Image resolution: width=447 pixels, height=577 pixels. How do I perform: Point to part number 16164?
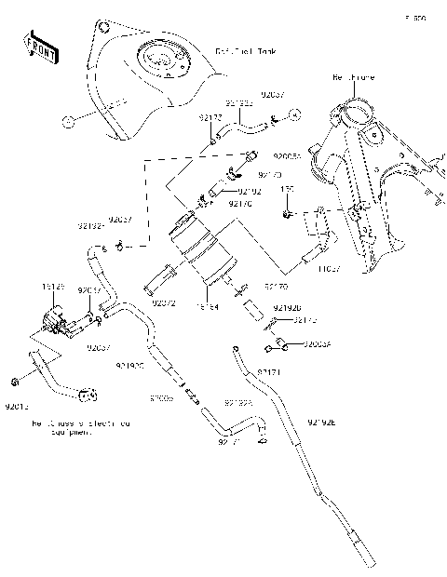point(207,303)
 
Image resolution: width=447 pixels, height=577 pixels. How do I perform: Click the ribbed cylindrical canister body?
point(201,251)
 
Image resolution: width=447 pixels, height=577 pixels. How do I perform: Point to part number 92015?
point(17,407)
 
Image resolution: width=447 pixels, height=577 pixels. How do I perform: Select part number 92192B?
point(287,307)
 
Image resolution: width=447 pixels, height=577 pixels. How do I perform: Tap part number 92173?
point(305,321)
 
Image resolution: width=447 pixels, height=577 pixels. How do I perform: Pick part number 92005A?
point(317,343)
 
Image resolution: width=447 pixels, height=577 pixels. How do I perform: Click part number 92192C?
point(129,367)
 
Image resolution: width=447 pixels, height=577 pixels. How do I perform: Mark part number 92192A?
point(238,403)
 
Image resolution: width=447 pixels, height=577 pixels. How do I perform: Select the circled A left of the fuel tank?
point(67,121)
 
